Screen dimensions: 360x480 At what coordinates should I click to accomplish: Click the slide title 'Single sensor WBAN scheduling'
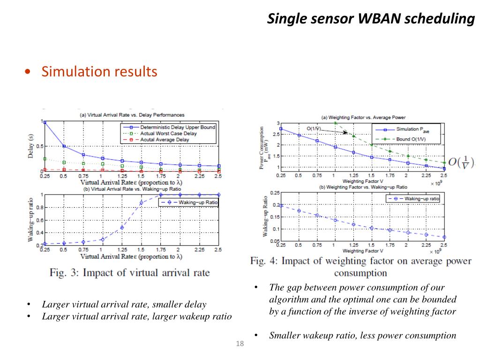click(x=371, y=19)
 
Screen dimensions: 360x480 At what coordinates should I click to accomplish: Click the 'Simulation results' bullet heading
click(x=99, y=72)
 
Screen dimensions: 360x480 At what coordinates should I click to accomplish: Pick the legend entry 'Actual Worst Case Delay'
click(x=168, y=134)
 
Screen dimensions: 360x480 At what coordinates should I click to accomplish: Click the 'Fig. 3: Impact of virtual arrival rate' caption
click(x=130, y=273)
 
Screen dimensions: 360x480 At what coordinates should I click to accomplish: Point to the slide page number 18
click(x=240, y=345)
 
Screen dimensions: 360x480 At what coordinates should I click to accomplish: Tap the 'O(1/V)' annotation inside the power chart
click(x=314, y=128)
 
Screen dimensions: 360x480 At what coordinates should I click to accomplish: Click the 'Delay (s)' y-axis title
click(x=31, y=146)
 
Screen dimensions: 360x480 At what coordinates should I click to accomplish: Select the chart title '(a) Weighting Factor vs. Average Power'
click(x=363, y=117)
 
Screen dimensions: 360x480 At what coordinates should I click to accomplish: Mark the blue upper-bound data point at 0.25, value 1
click(x=45, y=122)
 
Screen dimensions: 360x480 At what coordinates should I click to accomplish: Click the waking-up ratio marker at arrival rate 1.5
click(x=141, y=203)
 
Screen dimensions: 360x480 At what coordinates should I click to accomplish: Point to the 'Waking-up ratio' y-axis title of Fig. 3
click(x=31, y=220)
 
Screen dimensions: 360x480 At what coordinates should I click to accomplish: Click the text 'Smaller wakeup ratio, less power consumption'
click(x=362, y=335)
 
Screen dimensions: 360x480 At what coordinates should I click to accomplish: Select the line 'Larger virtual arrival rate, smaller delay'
click(x=124, y=305)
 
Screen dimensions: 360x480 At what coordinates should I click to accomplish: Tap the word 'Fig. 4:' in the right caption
click(x=264, y=261)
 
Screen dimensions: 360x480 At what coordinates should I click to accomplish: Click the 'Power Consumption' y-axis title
click(x=262, y=147)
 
